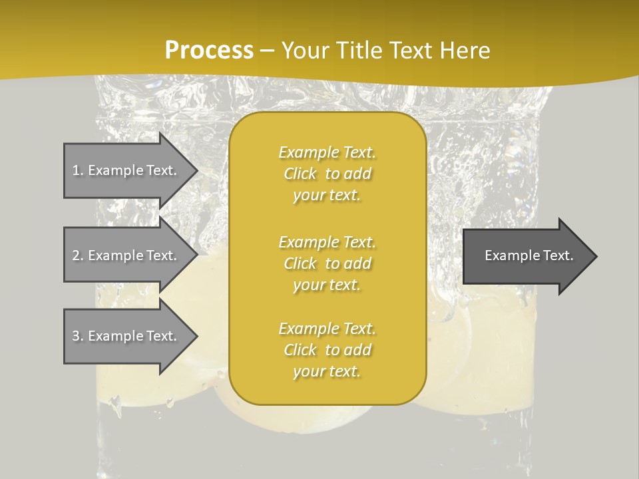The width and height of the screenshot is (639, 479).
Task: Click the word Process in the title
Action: click(209, 51)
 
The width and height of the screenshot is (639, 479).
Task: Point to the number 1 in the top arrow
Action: click(76, 171)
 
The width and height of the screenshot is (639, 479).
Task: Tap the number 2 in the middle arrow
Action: click(76, 256)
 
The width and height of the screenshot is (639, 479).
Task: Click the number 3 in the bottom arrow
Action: click(76, 337)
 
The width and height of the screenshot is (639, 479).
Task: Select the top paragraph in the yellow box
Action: click(327, 174)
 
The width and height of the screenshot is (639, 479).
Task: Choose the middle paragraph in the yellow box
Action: click(327, 263)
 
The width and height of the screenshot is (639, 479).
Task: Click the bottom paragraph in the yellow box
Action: click(327, 350)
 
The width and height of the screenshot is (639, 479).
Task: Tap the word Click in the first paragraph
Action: click(300, 174)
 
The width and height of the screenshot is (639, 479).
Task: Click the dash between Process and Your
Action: click(267, 51)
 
